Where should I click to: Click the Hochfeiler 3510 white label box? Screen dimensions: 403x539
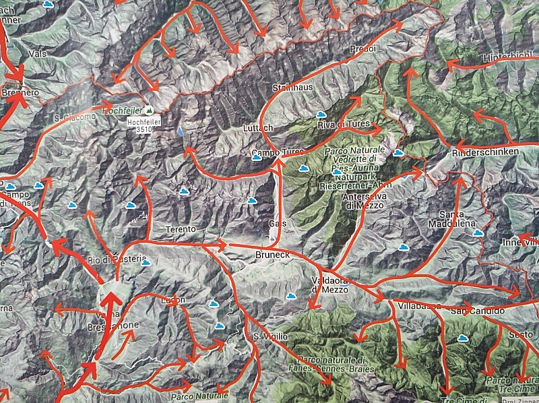(x=141, y=125)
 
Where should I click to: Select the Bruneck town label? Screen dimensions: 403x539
(x=272, y=255)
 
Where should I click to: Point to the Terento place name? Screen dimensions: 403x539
(x=181, y=230)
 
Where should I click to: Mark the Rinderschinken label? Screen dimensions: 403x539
(x=487, y=152)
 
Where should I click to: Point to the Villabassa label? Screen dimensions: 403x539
(x=419, y=306)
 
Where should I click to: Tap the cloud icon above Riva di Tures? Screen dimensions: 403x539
(x=321, y=114)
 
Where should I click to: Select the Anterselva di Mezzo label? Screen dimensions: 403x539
(x=363, y=200)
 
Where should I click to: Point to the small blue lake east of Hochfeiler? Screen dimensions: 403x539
(x=181, y=132)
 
